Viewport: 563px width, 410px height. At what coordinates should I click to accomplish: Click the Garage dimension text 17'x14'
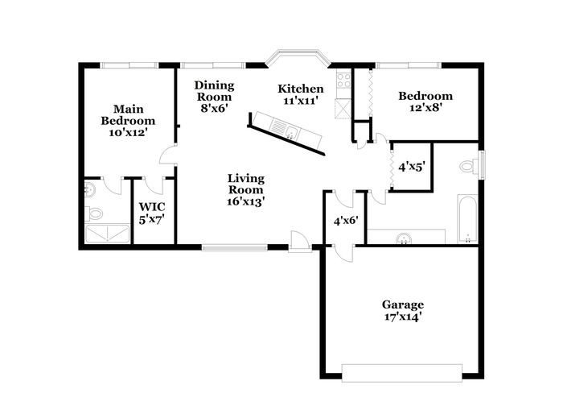pyautogui.click(x=402, y=317)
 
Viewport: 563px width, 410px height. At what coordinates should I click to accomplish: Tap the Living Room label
pyautogui.click(x=246, y=184)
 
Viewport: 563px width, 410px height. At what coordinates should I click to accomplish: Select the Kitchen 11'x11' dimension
pyautogui.click(x=301, y=101)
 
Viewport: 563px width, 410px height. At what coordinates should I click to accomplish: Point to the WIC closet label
pyautogui.click(x=152, y=207)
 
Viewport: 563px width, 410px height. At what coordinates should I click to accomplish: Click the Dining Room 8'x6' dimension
pyautogui.click(x=215, y=108)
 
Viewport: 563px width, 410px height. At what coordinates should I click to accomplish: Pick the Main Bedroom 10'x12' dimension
pyautogui.click(x=128, y=132)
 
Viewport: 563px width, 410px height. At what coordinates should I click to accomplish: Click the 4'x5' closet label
pyautogui.click(x=412, y=167)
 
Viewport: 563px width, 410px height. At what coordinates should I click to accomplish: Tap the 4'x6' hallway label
pyautogui.click(x=346, y=221)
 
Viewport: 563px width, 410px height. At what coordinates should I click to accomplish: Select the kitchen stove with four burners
pyautogui.click(x=343, y=81)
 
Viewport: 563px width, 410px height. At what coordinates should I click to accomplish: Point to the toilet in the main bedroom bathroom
pyautogui.click(x=93, y=213)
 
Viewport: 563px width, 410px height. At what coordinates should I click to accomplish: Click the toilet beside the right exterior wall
pyautogui.click(x=469, y=166)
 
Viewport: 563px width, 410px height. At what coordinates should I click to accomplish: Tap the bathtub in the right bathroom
pyautogui.click(x=468, y=218)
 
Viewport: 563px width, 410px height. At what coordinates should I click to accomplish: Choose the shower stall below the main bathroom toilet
pyautogui.click(x=107, y=234)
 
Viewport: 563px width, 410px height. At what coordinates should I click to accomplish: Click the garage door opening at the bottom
pyautogui.click(x=402, y=373)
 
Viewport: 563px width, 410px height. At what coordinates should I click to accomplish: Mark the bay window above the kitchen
pyautogui.click(x=298, y=57)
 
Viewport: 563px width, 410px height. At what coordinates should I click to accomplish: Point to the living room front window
pyautogui.click(x=235, y=247)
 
